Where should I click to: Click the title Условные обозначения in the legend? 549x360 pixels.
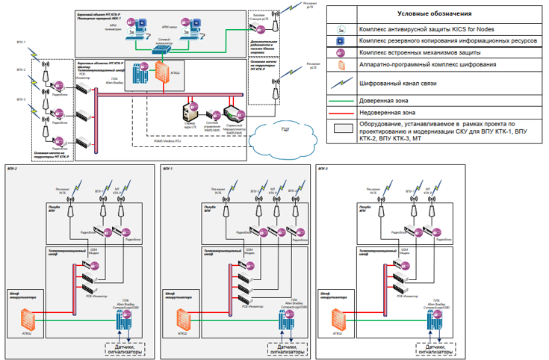coord(433,13)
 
